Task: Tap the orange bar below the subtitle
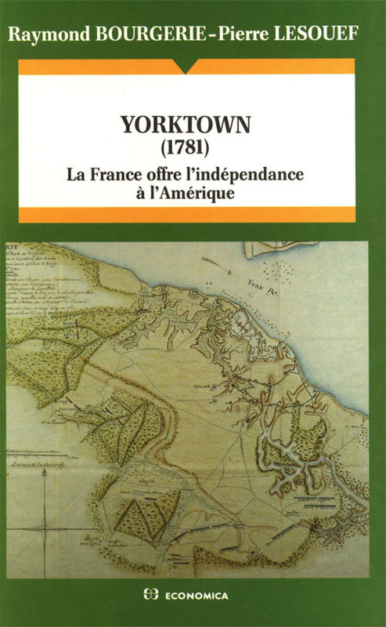(x=193, y=215)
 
